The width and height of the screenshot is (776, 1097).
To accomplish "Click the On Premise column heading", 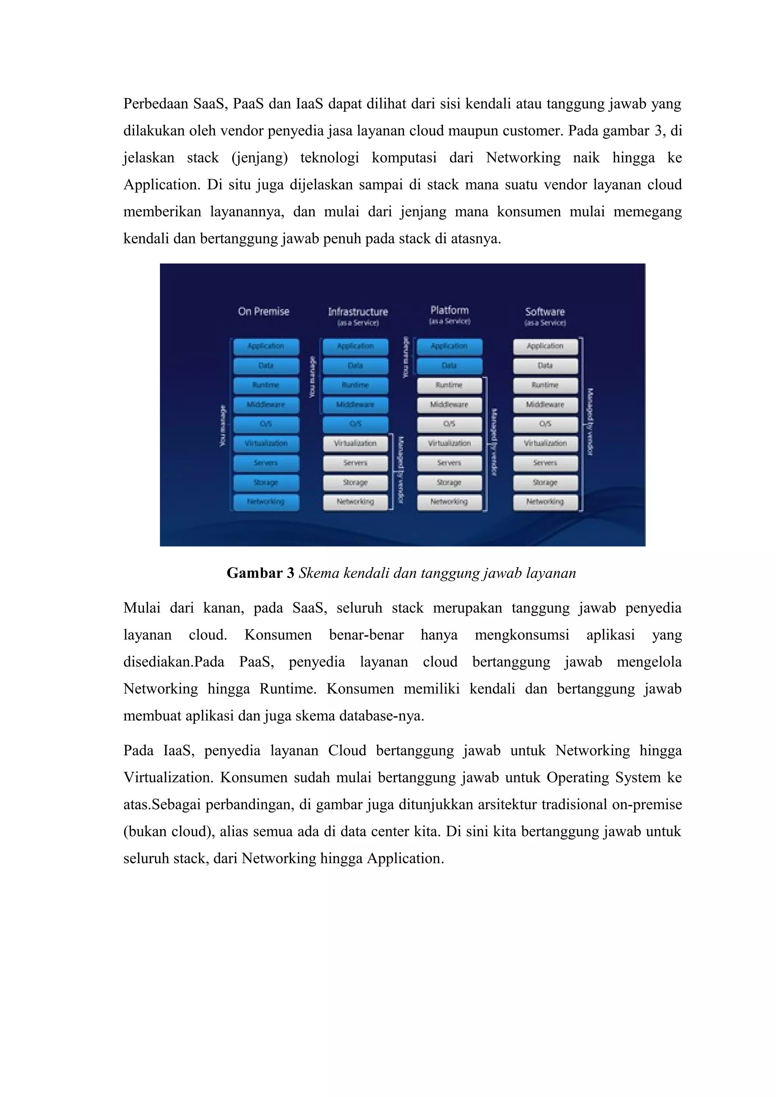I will [x=263, y=312].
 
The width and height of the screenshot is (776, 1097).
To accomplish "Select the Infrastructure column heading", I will [x=358, y=312].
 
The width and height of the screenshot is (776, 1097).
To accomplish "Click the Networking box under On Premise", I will [x=266, y=502].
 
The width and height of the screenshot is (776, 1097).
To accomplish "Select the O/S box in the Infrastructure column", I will [x=355, y=424].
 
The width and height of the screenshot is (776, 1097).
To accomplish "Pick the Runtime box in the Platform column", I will [x=449, y=385].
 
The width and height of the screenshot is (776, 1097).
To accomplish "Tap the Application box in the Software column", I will [x=545, y=346].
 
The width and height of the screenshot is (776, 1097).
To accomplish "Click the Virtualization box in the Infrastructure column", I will [x=355, y=443].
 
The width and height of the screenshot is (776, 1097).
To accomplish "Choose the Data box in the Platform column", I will [x=449, y=366].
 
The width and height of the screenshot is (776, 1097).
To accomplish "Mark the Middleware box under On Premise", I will [x=266, y=405].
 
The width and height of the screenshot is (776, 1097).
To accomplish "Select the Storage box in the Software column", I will [x=545, y=483].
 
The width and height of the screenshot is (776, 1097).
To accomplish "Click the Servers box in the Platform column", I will [x=449, y=463].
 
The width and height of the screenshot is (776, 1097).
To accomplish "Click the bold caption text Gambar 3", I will [x=260, y=573].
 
